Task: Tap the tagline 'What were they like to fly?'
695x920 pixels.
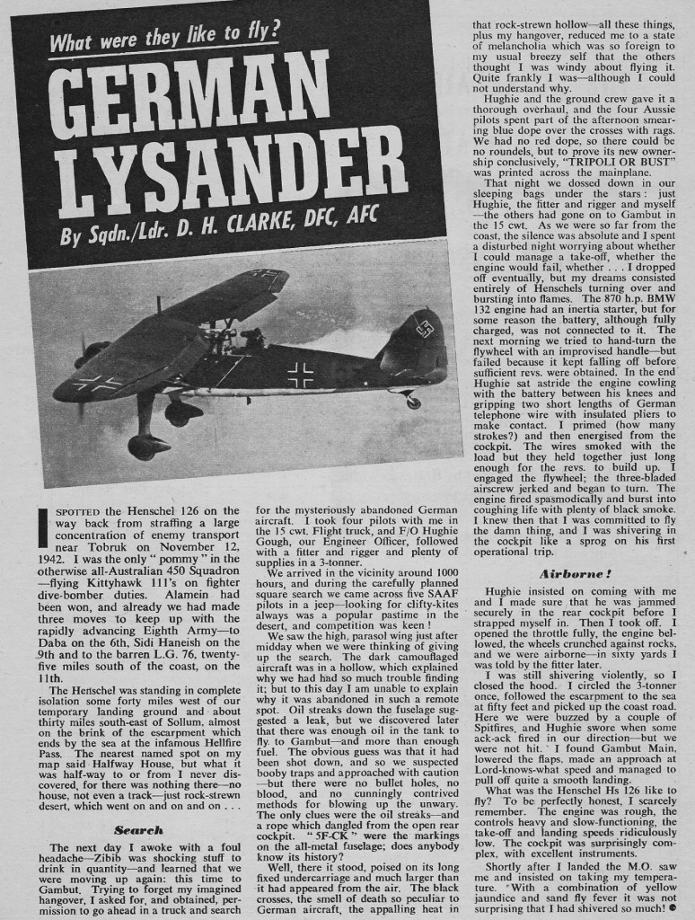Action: [165, 40]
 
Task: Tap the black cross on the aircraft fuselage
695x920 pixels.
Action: [299, 374]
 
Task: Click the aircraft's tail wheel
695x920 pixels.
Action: [412, 402]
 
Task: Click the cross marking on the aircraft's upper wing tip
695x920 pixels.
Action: [99, 384]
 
